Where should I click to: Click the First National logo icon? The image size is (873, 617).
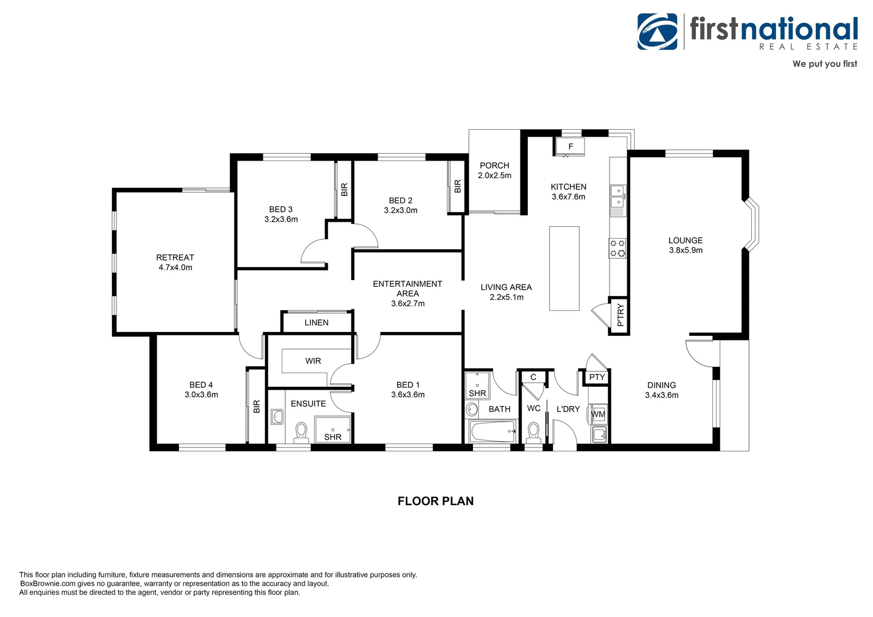[658, 32]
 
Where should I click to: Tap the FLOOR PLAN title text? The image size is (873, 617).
[435, 501]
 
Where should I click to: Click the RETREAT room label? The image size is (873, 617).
[175, 258]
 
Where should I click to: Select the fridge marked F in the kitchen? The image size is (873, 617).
[570, 147]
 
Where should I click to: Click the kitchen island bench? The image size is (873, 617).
[564, 269]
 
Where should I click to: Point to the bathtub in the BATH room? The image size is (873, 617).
[492, 432]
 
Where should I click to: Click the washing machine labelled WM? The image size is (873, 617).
[598, 414]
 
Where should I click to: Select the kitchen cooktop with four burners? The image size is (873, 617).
[618, 249]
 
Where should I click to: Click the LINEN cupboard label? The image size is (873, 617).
[317, 323]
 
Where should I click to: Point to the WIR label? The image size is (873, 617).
[313, 361]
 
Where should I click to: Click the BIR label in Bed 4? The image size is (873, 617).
[257, 406]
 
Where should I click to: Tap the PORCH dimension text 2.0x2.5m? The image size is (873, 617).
[494, 175]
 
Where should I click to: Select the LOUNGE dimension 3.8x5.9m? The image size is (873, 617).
[686, 250]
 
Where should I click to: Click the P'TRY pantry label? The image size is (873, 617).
[620, 315]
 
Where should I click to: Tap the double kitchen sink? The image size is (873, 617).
[617, 197]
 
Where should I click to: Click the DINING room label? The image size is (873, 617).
[662, 385]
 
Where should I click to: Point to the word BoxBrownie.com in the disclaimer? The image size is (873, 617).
[48, 584]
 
